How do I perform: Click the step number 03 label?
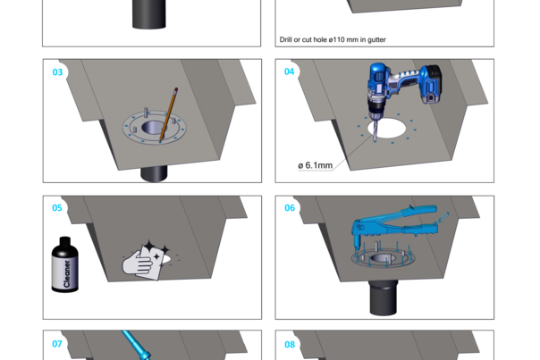click(57, 72)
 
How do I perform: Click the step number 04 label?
click(289, 72)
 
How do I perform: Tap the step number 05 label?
click(57, 208)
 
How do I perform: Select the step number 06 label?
click(289, 208)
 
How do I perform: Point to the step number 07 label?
click(57, 344)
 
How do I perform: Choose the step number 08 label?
click(289, 344)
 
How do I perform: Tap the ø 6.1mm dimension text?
click(315, 165)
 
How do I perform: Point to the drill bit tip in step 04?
click(375, 138)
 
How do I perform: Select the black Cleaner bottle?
click(64, 266)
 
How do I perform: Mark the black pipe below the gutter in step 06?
click(388, 297)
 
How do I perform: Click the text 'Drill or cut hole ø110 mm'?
click(320, 40)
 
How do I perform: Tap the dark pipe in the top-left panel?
click(148, 14)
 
